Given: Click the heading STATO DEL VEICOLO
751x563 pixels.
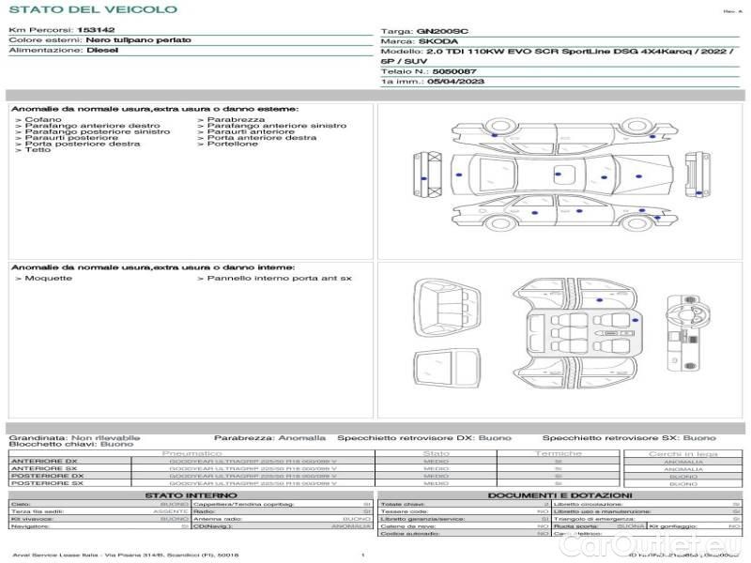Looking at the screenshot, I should click(x=92, y=9).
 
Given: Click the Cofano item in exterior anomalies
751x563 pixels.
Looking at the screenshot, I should click(x=43, y=119).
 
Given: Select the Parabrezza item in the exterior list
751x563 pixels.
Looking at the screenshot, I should click(x=236, y=119).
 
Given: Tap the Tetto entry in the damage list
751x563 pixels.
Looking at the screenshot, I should click(x=38, y=150).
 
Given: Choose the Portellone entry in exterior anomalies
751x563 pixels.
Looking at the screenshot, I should click(x=232, y=144).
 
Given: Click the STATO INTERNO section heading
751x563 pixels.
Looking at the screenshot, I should click(x=184, y=495).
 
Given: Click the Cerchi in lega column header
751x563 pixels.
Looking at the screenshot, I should click(x=682, y=453).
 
